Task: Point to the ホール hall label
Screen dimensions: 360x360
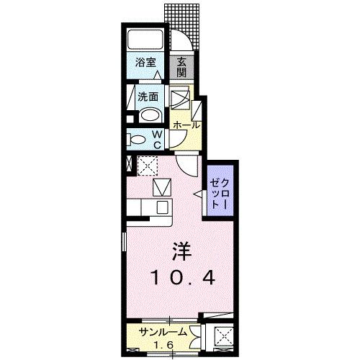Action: (x=186, y=125)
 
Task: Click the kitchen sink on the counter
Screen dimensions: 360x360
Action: (x=163, y=207)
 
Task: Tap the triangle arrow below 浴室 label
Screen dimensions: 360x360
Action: (x=157, y=75)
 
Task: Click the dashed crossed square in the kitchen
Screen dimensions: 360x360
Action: (x=148, y=166)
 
